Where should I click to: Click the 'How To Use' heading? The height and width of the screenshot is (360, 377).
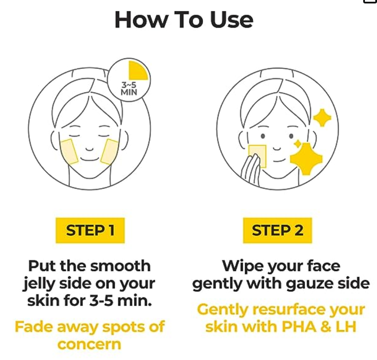[184, 20]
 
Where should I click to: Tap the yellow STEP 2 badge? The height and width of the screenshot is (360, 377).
[277, 230]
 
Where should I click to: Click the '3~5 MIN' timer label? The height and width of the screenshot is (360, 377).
[129, 88]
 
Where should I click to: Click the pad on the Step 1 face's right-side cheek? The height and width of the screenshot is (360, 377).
[110, 152]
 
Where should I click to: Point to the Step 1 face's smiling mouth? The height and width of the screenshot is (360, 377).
[89, 159]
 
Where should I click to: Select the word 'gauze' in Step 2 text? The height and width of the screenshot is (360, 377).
[307, 284]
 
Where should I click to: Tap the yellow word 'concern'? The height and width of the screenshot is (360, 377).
[89, 344]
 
